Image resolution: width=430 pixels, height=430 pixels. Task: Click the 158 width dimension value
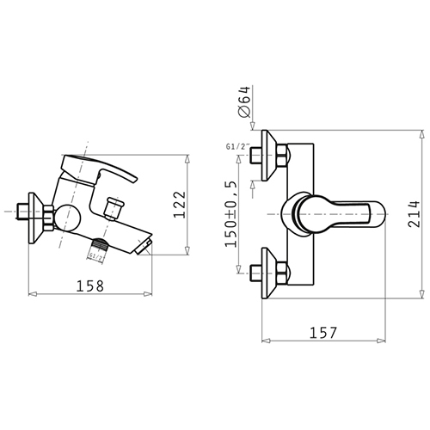pos(90,286)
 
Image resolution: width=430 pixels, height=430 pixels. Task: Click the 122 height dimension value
pos(180,205)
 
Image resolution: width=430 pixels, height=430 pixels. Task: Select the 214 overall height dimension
pos(414,214)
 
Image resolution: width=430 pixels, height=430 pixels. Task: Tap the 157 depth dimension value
pos(323,333)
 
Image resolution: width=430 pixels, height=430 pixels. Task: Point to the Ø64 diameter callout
pos(244,101)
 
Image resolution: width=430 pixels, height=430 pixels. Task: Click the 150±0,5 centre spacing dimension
pos(230,214)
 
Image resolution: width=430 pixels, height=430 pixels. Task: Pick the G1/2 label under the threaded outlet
pos(95,256)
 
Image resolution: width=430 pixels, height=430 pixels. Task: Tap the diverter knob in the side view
pos(114,208)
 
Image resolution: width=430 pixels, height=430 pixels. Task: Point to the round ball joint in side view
pos(68,218)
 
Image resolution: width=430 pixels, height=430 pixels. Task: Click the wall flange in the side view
pos(35,218)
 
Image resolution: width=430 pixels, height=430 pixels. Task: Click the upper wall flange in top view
pos(269,156)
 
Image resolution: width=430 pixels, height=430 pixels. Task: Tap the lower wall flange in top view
pos(269,273)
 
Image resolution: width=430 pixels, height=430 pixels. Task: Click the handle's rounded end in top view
pos(378,214)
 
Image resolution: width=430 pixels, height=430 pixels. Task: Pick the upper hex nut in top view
pos(282,155)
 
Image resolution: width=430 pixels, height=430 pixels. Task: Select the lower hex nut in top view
pos(282,273)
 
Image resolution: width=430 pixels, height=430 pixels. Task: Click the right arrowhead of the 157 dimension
pos(382,341)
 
